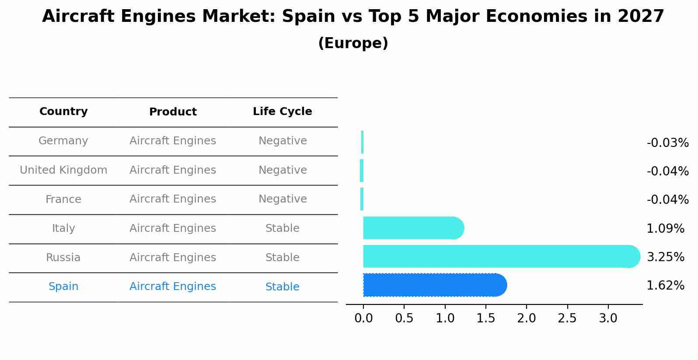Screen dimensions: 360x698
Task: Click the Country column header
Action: click(63, 112)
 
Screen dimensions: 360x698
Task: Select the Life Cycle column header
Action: click(282, 112)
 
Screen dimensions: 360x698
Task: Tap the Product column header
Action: click(173, 112)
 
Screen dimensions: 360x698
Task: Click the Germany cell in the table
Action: click(63, 141)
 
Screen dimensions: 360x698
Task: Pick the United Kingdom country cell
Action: click(63, 170)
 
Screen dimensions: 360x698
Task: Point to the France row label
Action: click(63, 199)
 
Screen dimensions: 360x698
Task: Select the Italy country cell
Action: click(63, 228)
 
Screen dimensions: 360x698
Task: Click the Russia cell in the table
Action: click(63, 258)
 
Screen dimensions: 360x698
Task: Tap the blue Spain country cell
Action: click(63, 287)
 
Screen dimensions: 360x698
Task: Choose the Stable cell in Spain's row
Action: click(282, 287)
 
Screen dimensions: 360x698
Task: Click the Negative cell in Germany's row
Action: click(283, 141)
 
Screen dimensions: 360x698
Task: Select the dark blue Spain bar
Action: click(433, 285)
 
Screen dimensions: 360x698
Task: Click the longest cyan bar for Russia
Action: click(499, 256)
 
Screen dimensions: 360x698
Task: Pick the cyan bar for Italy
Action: click(411, 228)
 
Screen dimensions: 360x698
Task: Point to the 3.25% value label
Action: click(665, 257)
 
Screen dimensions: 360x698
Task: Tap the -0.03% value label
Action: click(667, 143)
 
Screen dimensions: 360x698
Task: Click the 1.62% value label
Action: click(665, 286)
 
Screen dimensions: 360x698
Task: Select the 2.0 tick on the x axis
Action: click(527, 318)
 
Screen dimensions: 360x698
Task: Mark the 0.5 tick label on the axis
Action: click(404, 318)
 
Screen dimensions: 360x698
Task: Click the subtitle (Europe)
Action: click(353, 43)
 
